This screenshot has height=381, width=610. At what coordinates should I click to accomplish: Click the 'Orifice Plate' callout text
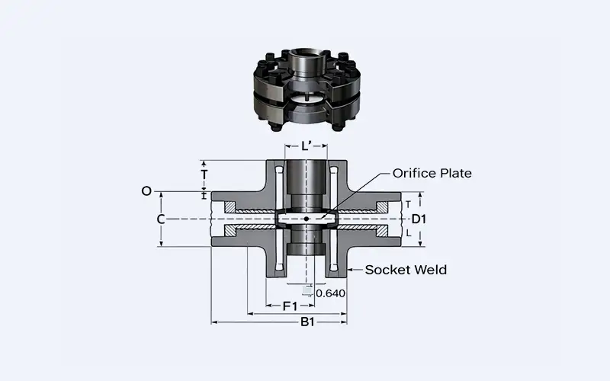[432, 173]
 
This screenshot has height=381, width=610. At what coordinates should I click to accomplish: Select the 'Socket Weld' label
[406, 270]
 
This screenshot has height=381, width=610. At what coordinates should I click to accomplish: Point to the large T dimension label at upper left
[204, 174]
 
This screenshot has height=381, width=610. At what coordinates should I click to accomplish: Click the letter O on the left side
[146, 191]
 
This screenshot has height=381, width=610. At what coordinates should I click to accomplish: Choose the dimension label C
[161, 219]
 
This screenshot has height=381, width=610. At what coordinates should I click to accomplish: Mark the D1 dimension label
[418, 219]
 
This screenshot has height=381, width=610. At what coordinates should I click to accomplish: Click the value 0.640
[330, 293]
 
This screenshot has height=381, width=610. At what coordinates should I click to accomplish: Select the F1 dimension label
[290, 306]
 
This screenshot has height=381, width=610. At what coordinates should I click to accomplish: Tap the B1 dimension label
[307, 322]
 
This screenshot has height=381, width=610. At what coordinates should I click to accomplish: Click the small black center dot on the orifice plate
[306, 219]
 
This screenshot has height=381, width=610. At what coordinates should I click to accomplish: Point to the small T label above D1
[408, 204]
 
